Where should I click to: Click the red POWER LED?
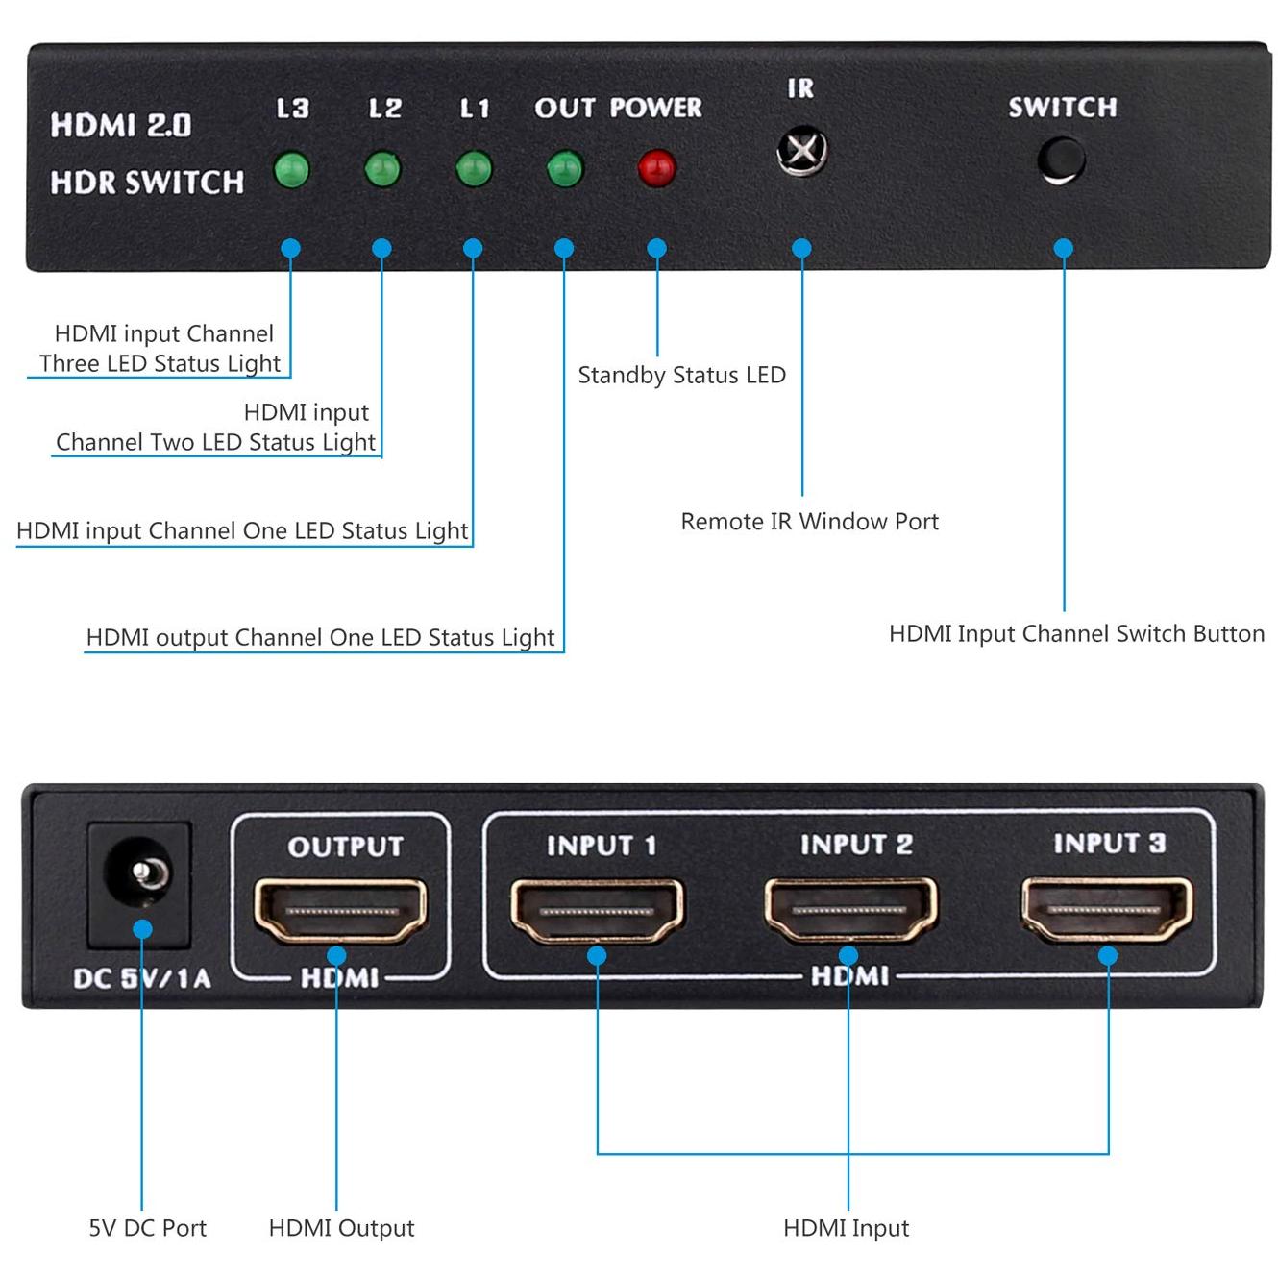pyautogui.click(x=656, y=169)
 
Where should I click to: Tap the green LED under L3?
pyautogui.click(x=291, y=170)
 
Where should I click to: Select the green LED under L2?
pyautogui.click(x=382, y=170)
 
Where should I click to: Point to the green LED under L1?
pyautogui.click(x=473, y=169)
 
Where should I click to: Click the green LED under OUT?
pyautogui.click(x=564, y=169)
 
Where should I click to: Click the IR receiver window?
pyautogui.click(x=801, y=150)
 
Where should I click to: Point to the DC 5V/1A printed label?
pyautogui.click(x=141, y=978)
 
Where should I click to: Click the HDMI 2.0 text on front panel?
pyautogui.click(x=121, y=125)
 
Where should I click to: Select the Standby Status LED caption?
pyautogui.click(x=681, y=375)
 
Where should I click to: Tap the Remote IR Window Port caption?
pyautogui.click(x=809, y=522)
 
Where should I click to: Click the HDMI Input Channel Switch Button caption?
pyautogui.click(x=1076, y=634)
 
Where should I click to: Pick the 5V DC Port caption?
pyautogui.click(x=147, y=1228)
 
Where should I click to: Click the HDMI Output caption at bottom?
pyautogui.click(x=341, y=1228)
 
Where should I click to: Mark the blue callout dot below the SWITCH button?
pyautogui.click(x=1063, y=248)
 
